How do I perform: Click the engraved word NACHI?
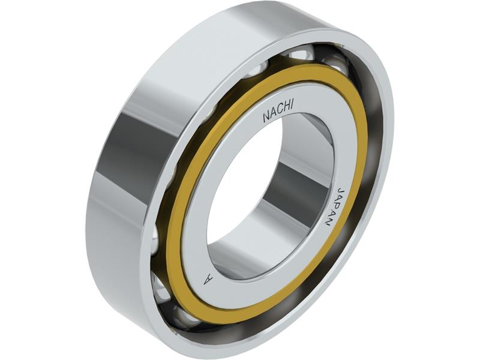coord(278,112)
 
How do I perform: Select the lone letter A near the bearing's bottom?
coord(208,279)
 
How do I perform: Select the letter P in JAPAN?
coord(335,207)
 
